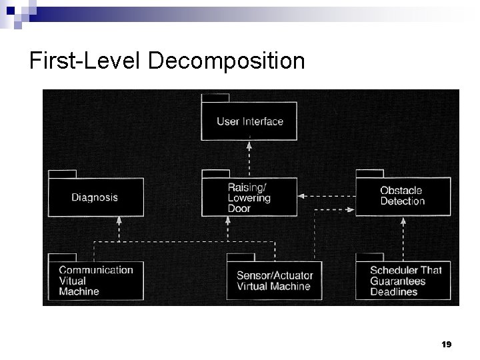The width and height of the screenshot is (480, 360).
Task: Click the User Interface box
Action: tap(250, 121)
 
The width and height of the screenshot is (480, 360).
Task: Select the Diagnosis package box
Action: tap(95, 197)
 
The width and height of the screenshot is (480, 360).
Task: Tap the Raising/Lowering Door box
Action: tap(249, 197)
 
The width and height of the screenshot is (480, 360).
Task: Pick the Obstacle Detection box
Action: tap(403, 196)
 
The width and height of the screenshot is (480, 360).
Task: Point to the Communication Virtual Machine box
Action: tap(95, 280)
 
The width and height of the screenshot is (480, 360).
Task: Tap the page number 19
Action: tap(447, 345)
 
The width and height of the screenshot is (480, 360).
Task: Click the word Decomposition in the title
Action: tap(227, 61)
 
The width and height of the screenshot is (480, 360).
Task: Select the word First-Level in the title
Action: tap(85, 61)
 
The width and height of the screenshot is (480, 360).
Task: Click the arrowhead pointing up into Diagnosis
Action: tap(119, 220)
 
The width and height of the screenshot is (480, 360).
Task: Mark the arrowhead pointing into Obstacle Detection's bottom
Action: tap(403, 220)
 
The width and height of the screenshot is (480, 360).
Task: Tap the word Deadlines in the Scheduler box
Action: tap(393, 291)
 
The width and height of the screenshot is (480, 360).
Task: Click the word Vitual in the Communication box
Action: tap(73, 281)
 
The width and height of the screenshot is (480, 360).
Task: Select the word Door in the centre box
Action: tap(239, 209)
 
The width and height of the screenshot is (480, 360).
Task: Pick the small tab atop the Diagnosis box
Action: tap(63, 174)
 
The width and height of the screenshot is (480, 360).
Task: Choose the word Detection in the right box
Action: tap(402, 201)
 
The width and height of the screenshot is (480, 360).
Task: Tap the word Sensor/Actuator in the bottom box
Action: tap(275, 275)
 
